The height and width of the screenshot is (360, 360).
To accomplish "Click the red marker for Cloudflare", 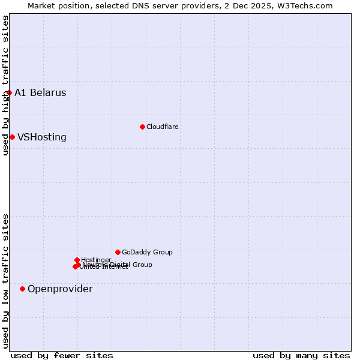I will (142, 127).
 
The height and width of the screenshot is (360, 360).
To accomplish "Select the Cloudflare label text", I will (163, 127).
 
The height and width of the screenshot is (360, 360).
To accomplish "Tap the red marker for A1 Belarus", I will (10, 93).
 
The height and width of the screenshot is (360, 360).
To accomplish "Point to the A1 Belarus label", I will (40, 93).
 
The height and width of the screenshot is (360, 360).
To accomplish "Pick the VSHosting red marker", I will (12, 137).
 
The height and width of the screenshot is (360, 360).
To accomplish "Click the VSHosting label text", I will (42, 137).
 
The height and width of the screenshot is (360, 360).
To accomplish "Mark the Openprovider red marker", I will (23, 289).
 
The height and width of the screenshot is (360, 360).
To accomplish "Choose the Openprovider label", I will (60, 289).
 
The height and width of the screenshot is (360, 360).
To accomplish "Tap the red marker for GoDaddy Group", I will (118, 253).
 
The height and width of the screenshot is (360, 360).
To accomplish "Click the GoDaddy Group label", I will (147, 253).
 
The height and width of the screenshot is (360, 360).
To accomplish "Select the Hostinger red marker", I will (77, 260).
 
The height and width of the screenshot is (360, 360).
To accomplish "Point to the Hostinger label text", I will (96, 260).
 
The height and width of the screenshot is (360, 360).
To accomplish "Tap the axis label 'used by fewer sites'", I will (62, 356).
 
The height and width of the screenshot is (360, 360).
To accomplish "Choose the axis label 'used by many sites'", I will (301, 356).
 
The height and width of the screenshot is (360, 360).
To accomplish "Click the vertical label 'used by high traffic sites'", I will (6, 85).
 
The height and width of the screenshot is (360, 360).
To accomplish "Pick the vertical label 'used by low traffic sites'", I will (6, 281).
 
